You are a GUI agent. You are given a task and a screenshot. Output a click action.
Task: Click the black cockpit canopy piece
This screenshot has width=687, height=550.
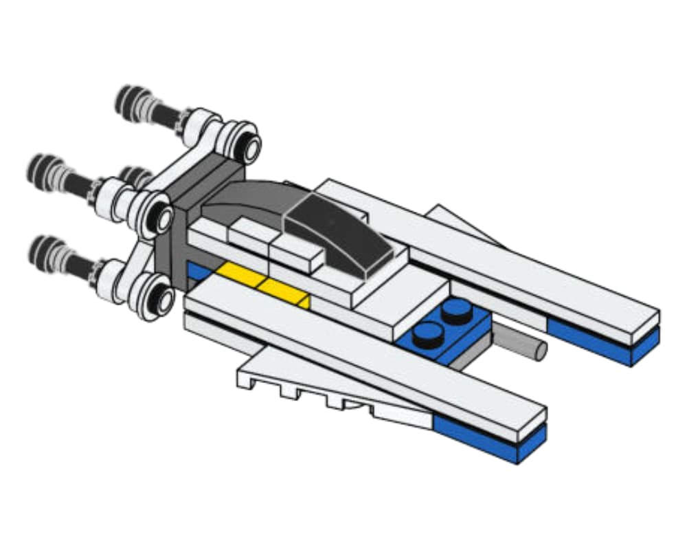tap(337, 234)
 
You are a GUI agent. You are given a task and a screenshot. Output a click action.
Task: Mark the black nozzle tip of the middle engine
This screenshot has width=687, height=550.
tap(41, 168)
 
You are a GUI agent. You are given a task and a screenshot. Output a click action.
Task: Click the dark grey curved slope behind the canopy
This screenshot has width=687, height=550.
tap(247, 199)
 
